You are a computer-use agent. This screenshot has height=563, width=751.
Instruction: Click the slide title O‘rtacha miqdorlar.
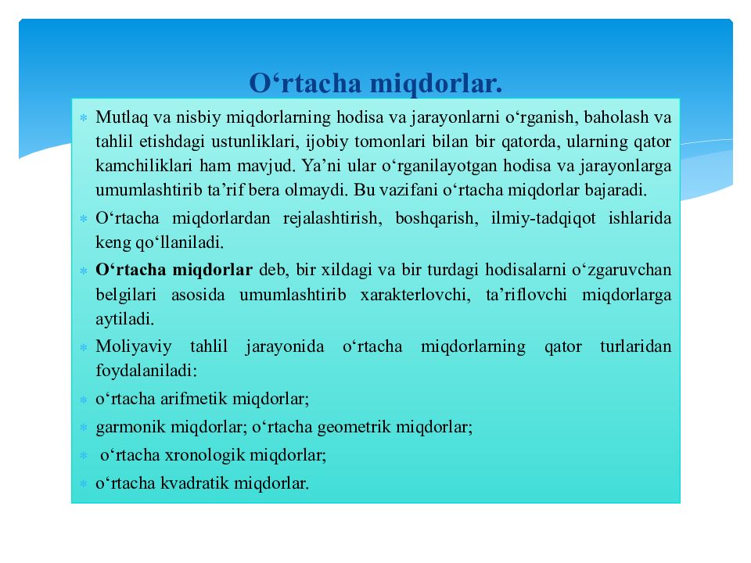pos(375,82)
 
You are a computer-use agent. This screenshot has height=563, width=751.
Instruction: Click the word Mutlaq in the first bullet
pos(116,117)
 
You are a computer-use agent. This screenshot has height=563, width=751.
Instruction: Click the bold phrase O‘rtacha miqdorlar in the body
pos(174,271)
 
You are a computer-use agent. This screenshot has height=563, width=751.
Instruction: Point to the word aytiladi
pos(124,319)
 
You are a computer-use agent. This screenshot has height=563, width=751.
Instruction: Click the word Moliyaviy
pos(133,346)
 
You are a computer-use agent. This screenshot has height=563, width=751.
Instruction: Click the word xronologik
pos(202,455)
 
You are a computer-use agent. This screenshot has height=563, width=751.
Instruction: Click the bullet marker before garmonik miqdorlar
pos(82,428)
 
